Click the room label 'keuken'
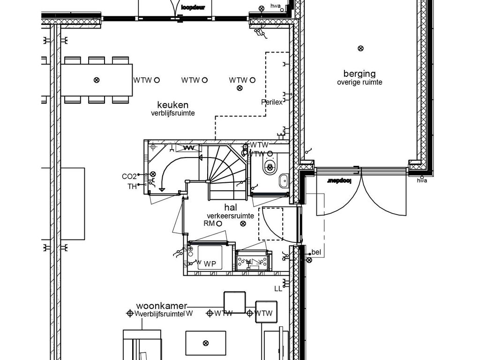pos(172,105)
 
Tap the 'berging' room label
pos(360,74)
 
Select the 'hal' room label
pos(230,207)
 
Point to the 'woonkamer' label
pos(162,305)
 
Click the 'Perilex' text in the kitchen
pos(272,102)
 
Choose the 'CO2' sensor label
pos(129,177)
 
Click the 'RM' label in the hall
pos(209,224)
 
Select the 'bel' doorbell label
pos(316,253)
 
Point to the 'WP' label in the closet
pos(210,264)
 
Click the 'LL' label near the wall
pos(278,289)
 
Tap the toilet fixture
pos(270,166)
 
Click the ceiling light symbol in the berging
pos(360,48)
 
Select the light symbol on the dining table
pos(97,80)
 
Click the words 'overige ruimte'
pos(360,82)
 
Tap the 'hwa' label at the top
pos(276,6)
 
